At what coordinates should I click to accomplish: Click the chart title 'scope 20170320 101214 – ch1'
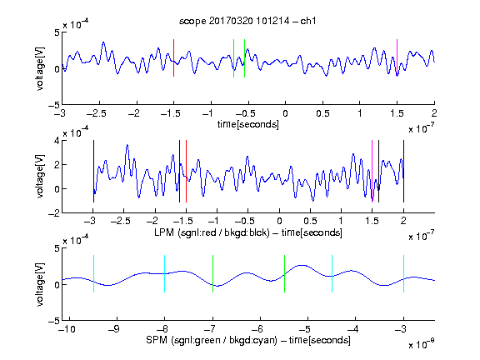[x=247, y=21]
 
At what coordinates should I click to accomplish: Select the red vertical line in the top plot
[x=173, y=57]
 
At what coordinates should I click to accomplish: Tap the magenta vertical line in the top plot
[x=397, y=57]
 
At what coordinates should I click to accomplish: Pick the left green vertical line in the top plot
[x=233, y=58]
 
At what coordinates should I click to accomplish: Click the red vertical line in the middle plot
[x=186, y=171]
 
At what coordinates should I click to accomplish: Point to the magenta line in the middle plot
[x=372, y=171]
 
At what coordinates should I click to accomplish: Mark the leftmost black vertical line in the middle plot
[x=93, y=171]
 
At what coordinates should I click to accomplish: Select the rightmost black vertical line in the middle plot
[x=403, y=171]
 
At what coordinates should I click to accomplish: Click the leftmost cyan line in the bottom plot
[x=93, y=273]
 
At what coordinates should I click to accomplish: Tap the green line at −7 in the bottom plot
[x=212, y=273]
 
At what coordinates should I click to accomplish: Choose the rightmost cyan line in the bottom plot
[x=403, y=273]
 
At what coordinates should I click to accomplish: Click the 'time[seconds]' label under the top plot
[x=248, y=124]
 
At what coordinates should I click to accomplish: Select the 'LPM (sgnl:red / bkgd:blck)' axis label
[x=212, y=232]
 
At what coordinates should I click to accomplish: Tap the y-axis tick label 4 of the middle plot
[x=57, y=141]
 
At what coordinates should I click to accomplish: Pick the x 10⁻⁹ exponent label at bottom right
[x=422, y=344]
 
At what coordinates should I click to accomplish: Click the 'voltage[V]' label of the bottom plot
[x=40, y=284]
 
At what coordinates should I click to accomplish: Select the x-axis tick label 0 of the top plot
[x=285, y=113]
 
